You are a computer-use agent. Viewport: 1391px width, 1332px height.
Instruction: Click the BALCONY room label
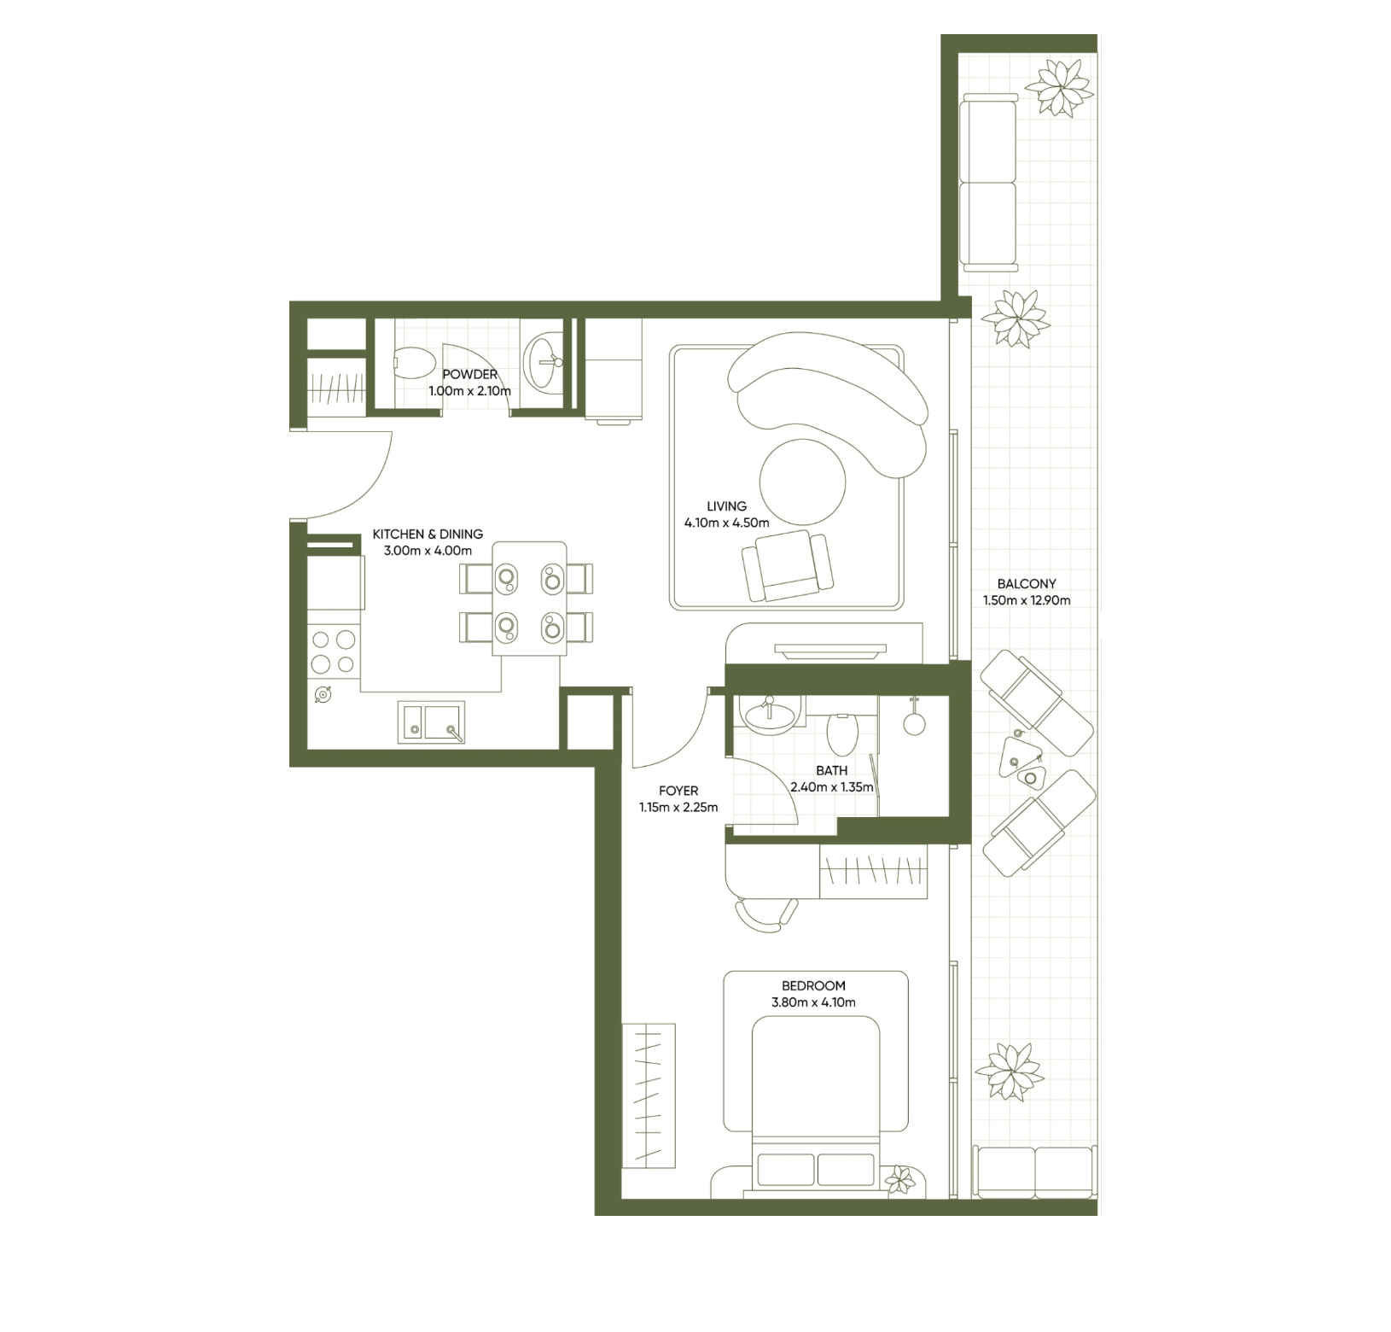1026,584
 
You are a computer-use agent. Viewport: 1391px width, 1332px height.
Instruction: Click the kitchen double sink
431,722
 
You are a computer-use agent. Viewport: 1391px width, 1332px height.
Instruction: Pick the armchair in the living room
787,564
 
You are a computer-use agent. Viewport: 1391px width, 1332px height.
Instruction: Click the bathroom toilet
842,734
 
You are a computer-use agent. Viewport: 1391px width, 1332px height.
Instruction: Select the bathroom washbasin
771,714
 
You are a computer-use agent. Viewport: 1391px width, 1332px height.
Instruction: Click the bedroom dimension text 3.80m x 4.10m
813,1002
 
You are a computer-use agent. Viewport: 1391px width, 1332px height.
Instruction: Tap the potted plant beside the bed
899,1181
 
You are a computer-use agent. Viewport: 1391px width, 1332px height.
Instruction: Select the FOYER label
678,791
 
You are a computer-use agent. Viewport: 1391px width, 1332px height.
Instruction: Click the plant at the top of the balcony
1059,87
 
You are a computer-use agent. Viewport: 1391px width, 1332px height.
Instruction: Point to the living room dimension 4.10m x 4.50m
726,523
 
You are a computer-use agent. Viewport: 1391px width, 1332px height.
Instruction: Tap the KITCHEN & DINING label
428,534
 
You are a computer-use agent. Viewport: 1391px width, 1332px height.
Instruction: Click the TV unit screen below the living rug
829,651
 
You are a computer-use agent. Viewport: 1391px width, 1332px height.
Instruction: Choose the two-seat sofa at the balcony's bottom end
1035,1172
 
